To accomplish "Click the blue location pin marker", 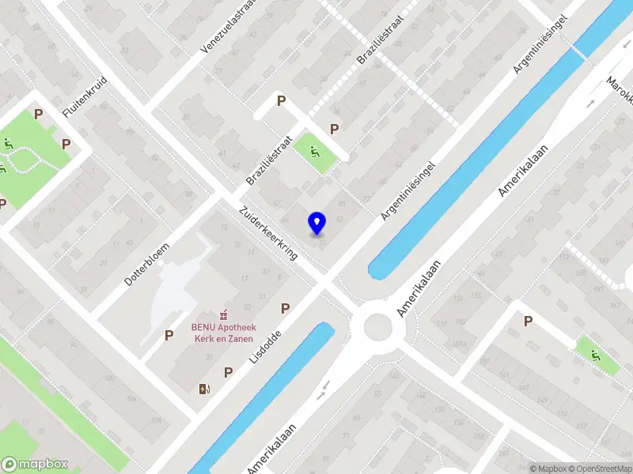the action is (317, 224).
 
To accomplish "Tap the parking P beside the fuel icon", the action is (228, 372).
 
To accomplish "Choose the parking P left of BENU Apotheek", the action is (169, 335).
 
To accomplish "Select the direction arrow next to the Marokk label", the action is (591, 103).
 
